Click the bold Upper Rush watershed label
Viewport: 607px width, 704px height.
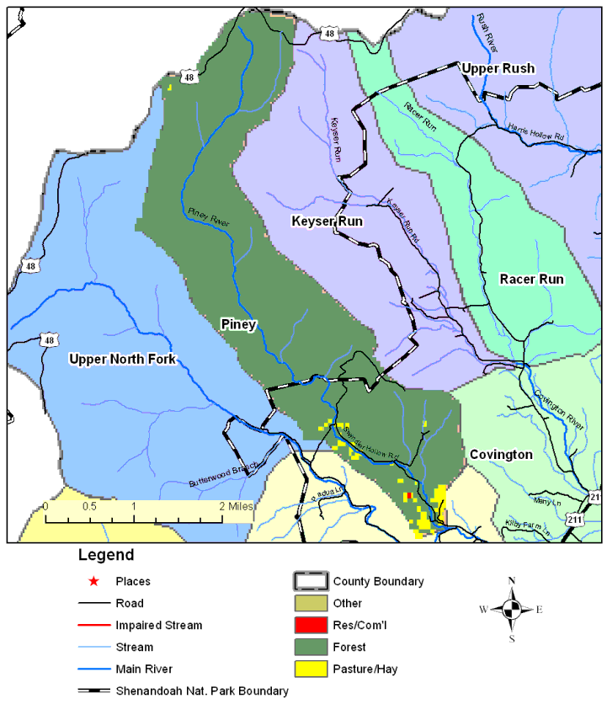coord(497,68)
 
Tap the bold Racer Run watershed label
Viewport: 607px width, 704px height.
coord(531,279)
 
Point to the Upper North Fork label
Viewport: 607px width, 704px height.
coord(122,360)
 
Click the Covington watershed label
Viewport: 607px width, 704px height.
coord(501,455)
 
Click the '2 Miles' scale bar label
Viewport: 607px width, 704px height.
coord(237,507)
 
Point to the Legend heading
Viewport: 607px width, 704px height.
coord(105,556)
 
